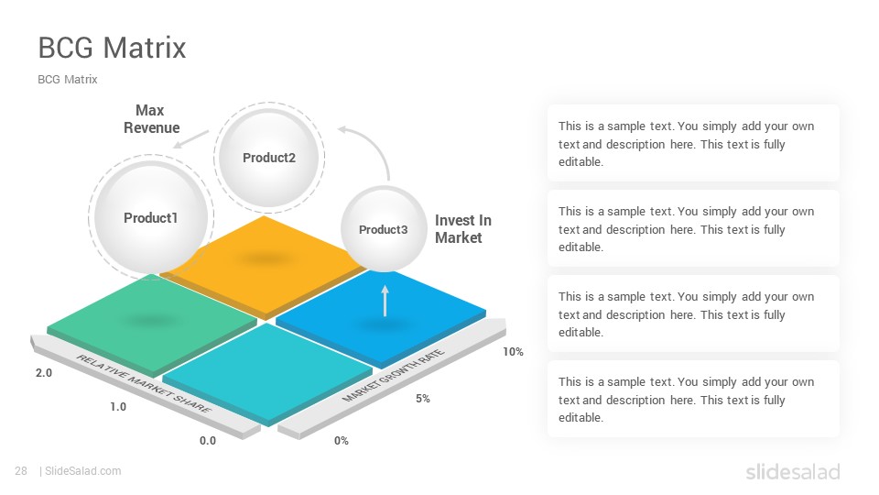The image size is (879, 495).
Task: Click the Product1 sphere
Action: [151, 218]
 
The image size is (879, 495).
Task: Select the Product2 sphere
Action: [268, 157]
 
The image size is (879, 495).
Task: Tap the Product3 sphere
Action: [384, 229]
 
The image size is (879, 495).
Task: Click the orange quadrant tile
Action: [264, 264]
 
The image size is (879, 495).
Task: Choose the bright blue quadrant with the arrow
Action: [381, 317]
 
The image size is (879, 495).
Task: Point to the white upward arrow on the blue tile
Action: [385, 301]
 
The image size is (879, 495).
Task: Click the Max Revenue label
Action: [151, 119]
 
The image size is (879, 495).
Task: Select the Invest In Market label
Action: [463, 229]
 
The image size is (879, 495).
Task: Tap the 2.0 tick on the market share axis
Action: [44, 373]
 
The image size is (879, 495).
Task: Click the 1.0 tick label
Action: [118, 406]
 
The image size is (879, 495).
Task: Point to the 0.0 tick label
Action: [208, 441]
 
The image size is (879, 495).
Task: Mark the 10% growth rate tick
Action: [513, 352]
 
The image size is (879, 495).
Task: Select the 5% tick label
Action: [423, 399]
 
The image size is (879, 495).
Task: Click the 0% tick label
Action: [341, 441]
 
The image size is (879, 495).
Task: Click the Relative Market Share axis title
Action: [144, 384]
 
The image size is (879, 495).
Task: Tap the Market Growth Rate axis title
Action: [394, 375]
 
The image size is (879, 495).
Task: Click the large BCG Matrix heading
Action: [112, 48]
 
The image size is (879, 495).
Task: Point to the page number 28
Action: [21, 471]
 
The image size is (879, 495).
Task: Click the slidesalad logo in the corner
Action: [793, 471]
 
